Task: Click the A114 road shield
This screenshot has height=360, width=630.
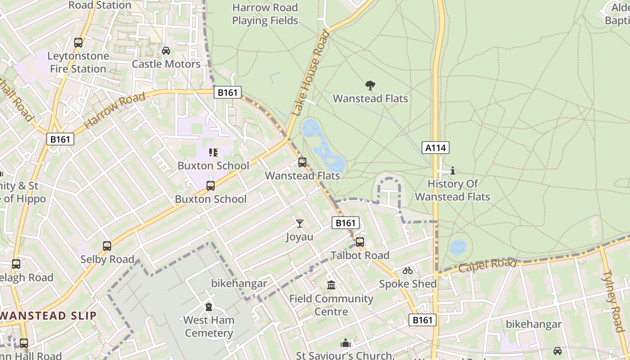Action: (x=436, y=148)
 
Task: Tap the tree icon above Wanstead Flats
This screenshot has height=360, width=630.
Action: (x=370, y=85)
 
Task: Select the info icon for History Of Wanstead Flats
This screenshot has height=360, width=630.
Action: (x=453, y=171)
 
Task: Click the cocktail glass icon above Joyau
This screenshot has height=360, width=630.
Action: (x=300, y=223)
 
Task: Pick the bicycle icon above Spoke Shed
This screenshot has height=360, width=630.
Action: (x=408, y=270)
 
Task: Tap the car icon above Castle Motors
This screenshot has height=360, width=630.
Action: (x=166, y=50)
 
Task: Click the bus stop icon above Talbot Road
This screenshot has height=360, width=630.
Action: (x=360, y=242)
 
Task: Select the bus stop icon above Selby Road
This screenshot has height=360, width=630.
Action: (x=107, y=246)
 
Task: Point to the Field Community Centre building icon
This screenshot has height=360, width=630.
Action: (x=331, y=285)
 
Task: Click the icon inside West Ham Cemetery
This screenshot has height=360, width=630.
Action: (x=209, y=307)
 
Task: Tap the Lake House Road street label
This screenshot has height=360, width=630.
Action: (x=311, y=73)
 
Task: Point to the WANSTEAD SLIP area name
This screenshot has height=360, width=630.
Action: (x=48, y=315)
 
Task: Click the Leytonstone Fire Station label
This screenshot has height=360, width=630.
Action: (x=78, y=63)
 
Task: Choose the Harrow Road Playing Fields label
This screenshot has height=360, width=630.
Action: (x=265, y=14)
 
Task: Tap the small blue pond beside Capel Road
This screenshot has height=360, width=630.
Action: (x=458, y=247)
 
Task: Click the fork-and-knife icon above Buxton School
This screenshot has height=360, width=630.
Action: (x=213, y=153)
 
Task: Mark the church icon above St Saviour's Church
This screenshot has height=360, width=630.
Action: (x=345, y=343)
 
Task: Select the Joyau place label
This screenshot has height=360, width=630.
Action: (x=300, y=237)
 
